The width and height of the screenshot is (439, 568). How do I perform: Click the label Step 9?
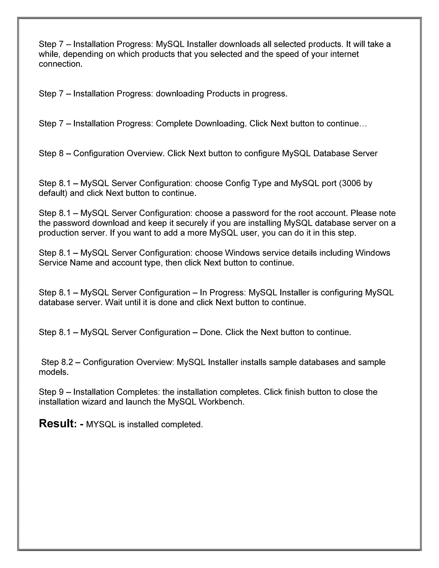pyautogui.click(x=51, y=392)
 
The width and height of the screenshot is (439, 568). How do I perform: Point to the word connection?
pyautogui.click(x=60, y=64)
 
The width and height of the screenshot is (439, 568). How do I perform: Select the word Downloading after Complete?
pyautogui.click(x=220, y=123)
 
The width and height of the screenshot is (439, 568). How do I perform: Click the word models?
pyautogui.click(x=53, y=372)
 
